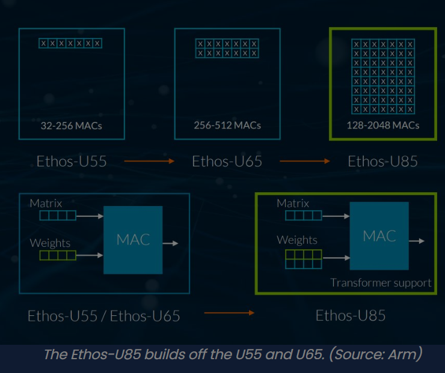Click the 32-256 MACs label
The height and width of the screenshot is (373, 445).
(71, 126)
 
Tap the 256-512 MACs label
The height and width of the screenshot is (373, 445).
(227, 126)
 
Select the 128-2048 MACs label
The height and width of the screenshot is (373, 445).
(382, 126)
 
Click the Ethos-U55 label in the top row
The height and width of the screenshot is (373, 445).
(72, 161)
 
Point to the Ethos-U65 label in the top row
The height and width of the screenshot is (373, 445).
(227, 161)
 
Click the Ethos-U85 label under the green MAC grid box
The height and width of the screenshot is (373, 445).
(382, 161)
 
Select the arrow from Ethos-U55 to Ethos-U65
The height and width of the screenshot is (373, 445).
(149, 161)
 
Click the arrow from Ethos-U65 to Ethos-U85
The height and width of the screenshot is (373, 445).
(305, 161)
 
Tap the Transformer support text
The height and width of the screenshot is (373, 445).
(381, 282)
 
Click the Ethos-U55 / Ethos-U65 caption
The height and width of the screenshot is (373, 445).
(103, 315)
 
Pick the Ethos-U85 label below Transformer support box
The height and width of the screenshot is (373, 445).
(351, 315)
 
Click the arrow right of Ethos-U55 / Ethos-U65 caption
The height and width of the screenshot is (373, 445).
(229, 312)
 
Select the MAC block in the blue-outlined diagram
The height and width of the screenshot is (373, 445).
(133, 240)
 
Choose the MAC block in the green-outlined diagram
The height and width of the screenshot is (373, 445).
(379, 235)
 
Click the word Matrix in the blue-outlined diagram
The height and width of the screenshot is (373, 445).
(46, 204)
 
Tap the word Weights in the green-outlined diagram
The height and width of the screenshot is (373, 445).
(297, 240)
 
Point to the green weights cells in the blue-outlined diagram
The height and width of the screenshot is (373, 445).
(58, 255)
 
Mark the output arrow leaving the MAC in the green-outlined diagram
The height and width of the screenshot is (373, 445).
(417, 241)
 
